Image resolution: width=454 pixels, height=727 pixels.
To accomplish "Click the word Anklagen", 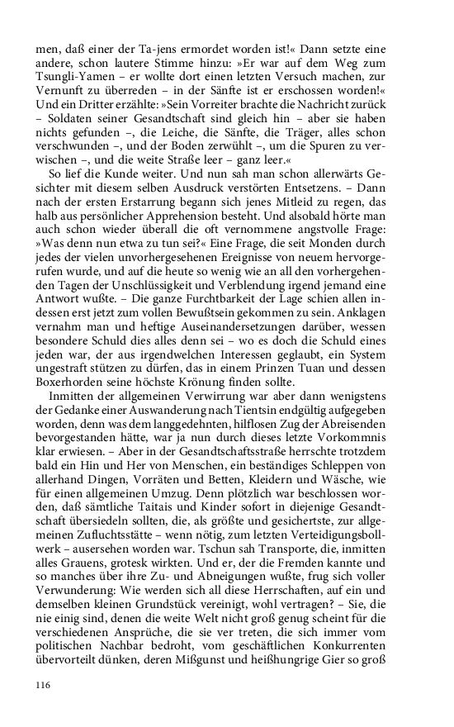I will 391,342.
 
